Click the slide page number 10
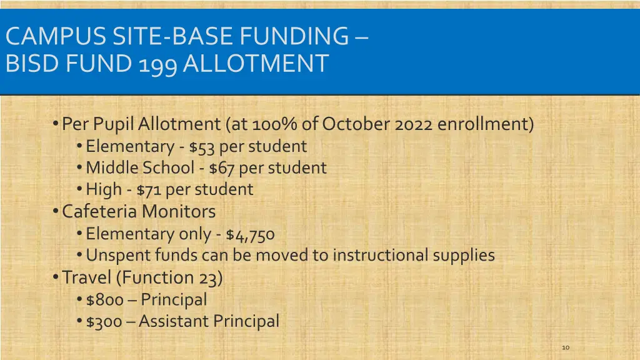pyautogui.click(x=566, y=347)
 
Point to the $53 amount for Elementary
pyautogui.click(x=202, y=147)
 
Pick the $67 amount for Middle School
pyautogui.click(x=222, y=168)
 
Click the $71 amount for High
pyautogui.click(x=149, y=189)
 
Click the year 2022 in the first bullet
pyautogui.click(x=414, y=124)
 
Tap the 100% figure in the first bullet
pyautogui.click(x=275, y=124)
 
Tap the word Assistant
pyautogui.click(x=174, y=321)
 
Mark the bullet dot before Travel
pyautogui.click(x=57, y=277)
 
